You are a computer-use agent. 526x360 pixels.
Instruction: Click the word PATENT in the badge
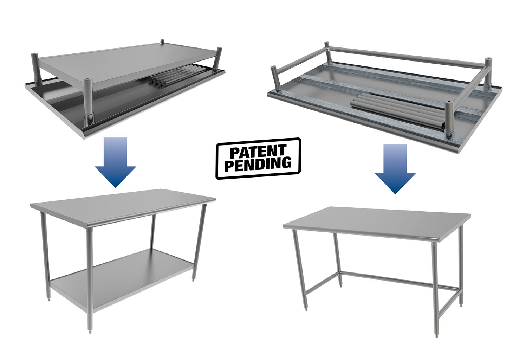pyautogui.click(x=258, y=152)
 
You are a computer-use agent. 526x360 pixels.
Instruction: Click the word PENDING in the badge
pyautogui.click(x=258, y=164)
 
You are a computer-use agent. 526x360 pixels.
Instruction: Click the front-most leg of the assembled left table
pyautogui.click(x=90, y=278)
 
